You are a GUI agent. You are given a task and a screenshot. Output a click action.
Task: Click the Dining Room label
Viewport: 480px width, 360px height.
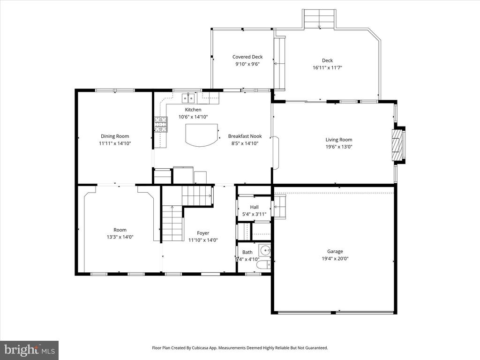tap(115, 136)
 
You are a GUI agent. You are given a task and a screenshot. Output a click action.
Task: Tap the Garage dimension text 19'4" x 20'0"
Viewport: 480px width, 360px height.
tap(335, 258)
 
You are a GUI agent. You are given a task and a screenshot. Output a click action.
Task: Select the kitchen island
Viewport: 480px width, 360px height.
tap(202, 135)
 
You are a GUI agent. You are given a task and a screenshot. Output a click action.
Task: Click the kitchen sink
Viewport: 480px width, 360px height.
tap(188, 98)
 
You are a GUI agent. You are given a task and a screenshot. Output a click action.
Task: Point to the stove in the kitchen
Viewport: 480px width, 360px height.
tap(160, 125)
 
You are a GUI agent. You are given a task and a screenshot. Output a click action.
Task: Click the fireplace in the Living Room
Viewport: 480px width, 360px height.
tap(397, 145)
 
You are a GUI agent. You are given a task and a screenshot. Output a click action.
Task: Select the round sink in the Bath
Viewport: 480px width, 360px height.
tap(265, 250)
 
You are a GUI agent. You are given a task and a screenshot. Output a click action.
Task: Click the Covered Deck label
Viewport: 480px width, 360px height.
tap(247, 57)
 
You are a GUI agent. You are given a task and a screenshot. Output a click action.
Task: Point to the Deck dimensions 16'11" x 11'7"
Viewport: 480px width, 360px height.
tap(327, 67)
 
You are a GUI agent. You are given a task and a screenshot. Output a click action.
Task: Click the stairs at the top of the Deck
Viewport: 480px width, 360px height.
tap(319, 19)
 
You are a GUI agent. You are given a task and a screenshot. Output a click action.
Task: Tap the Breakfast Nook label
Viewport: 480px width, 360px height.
tap(245, 136)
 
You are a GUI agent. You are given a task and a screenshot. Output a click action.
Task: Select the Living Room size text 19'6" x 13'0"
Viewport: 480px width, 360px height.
tap(339, 146)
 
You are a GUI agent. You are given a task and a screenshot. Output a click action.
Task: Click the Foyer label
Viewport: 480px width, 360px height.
tap(203, 233)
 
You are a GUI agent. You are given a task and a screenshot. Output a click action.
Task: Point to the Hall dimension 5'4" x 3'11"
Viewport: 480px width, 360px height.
tap(254, 214)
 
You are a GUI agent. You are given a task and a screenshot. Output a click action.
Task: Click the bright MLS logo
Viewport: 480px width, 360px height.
tap(29, 350)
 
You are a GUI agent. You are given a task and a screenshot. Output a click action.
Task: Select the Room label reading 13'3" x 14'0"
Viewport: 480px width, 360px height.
tap(120, 237)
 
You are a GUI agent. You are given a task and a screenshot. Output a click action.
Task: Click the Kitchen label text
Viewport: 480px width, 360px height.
tap(193, 110)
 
